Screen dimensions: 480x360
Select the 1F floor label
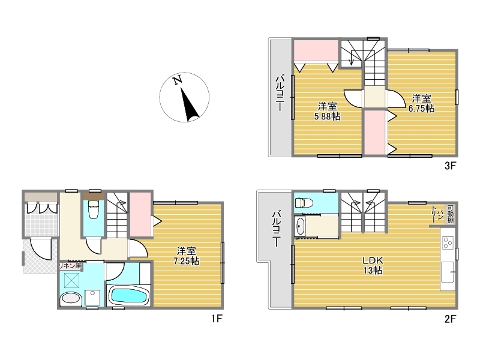tap(217, 319)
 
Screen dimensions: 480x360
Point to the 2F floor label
tap(450, 319)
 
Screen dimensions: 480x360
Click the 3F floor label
tap(450, 166)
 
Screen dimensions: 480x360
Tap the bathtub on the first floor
tap(128, 295)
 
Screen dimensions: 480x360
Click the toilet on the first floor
tap(94, 209)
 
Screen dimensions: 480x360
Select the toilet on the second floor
tap(304, 202)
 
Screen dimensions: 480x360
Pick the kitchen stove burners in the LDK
tap(448, 243)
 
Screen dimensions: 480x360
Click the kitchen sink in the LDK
tap(447, 272)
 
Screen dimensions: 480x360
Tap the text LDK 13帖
tap(373, 265)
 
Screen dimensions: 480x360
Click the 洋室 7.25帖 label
tap(187, 256)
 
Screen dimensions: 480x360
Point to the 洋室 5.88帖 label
tap(327, 111)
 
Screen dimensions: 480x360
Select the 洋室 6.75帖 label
tap(422, 103)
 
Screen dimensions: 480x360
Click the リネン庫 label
tap(70, 266)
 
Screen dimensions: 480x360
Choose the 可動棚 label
tap(451, 214)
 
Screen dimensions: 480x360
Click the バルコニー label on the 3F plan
tap(280, 94)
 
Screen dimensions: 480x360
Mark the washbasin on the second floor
tap(299, 227)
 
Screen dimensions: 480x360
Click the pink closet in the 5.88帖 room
tap(316, 51)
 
